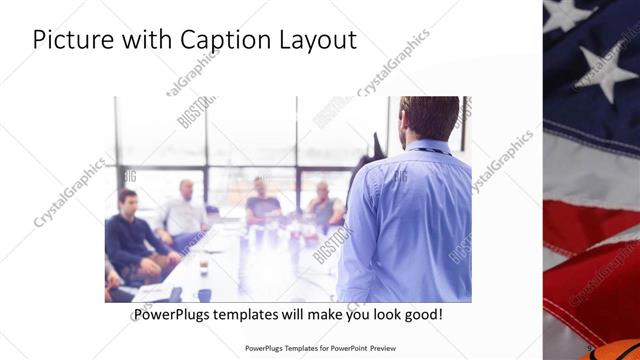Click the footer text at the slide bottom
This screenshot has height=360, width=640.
point(320,349)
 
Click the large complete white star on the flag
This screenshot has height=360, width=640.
point(607,69)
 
